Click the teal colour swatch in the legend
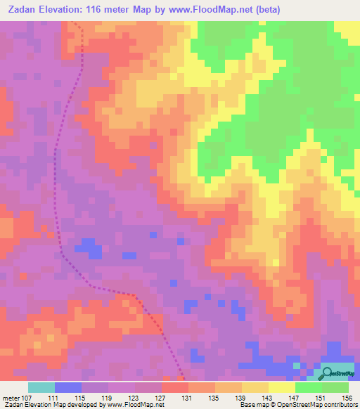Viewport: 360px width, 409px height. click(x=41, y=387)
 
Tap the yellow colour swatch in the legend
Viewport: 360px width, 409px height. click(x=282, y=387)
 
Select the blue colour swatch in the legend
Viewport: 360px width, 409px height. click(x=68, y=387)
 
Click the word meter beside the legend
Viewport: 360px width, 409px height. click(x=11, y=397)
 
